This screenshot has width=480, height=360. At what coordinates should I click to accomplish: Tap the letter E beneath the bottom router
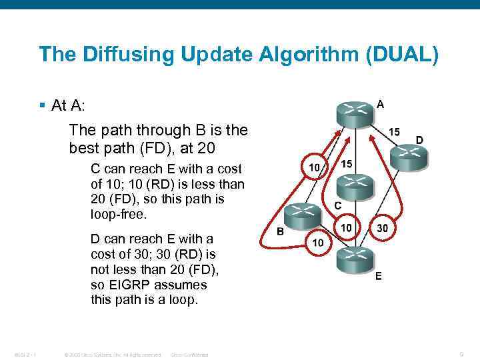pyautogui.click(x=379, y=276)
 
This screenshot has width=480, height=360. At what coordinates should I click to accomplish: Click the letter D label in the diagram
pyautogui.click(x=419, y=139)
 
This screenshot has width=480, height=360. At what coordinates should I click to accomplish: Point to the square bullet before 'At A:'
pyautogui.click(x=42, y=106)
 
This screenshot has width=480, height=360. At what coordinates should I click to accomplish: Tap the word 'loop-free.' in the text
pyautogui.click(x=117, y=215)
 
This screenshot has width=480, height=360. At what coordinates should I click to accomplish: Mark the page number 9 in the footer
pyautogui.click(x=461, y=354)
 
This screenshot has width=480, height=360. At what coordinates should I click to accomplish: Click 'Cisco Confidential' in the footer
pyautogui.click(x=190, y=355)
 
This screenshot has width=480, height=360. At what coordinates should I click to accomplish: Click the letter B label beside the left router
pyautogui.click(x=280, y=231)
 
